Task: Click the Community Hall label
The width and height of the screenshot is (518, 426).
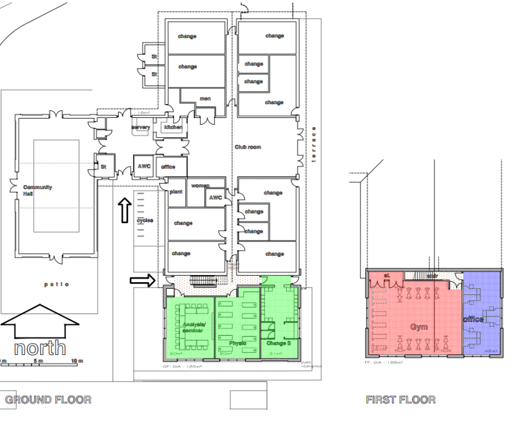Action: pos(37,191)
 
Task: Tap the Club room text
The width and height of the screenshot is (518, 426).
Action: pos(248,147)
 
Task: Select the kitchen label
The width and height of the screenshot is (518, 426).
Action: pos(173,128)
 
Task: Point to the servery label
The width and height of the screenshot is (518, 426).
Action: pos(140,128)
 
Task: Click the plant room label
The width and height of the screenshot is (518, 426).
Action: pos(176,192)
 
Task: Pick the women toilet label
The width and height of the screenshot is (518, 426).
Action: pos(200,186)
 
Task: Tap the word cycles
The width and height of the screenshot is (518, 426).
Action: pos(145,220)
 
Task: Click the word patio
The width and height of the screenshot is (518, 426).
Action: pos(57,284)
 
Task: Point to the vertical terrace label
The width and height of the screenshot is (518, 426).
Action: pos(313,144)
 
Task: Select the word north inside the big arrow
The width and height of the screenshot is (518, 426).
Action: pos(40,348)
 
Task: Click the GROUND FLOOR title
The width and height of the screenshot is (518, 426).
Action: pos(48,400)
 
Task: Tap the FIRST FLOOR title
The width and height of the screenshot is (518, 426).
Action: pos(401,400)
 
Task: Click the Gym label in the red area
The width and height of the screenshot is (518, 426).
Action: pos(419,326)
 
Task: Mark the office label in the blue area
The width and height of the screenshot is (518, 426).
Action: pos(473,319)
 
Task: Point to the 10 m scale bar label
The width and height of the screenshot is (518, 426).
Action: pos(76,361)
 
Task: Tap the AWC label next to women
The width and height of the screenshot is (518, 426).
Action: pos(216,197)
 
